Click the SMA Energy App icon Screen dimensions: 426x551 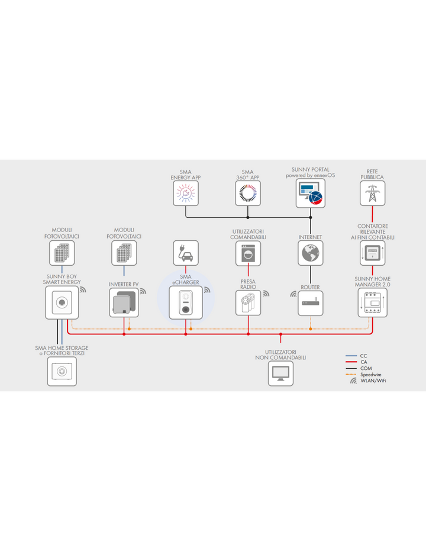(186, 194)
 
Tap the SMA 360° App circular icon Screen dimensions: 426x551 (248, 194)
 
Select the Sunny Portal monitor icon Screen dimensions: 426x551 (311, 193)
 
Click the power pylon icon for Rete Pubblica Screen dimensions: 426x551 (372, 194)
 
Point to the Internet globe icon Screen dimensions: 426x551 (311, 253)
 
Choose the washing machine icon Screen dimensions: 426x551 (248, 253)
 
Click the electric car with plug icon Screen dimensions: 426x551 (186, 253)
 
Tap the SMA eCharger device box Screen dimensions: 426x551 (186, 302)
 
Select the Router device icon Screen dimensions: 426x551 (311, 303)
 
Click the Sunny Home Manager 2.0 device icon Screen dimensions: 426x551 (373, 302)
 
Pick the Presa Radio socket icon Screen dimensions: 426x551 (248, 303)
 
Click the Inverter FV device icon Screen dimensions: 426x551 (124, 302)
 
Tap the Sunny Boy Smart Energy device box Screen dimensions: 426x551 (62, 302)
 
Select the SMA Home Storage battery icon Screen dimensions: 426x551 (62, 372)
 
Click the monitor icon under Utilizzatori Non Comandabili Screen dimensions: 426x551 (280, 373)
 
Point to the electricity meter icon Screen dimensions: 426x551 (373, 253)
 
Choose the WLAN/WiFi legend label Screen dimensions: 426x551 (373, 381)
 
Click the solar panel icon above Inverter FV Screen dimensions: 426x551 (124, 253)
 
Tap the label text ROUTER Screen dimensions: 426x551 (311, 287)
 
